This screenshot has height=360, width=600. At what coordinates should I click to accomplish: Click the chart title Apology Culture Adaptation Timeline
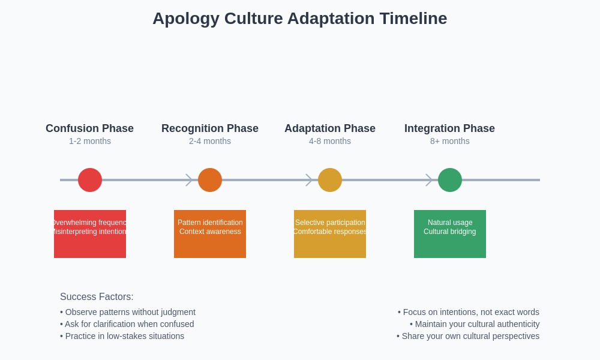click(299, 19)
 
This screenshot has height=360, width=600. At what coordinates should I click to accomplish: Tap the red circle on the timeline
click(90, 180)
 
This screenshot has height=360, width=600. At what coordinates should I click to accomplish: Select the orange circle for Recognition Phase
click(210, 180)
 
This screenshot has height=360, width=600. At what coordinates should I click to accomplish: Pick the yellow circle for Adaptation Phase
click(330, 180)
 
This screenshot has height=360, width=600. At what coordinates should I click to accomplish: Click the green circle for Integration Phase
click(450, 180)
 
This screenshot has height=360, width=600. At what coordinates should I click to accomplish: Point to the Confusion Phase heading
click(89, 128)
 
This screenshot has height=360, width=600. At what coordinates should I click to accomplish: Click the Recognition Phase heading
click(210, 128)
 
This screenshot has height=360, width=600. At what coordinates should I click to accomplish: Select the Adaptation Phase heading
click(330, 128)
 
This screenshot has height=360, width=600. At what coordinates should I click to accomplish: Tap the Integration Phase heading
click(449, 128)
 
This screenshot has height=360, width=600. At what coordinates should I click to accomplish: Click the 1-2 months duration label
click(90, 141)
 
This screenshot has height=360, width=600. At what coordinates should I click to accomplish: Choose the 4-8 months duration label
click(330, 141)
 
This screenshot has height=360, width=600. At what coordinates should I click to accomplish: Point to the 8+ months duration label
click(450, 141)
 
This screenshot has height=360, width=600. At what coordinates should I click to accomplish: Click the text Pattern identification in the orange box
click(210, 223)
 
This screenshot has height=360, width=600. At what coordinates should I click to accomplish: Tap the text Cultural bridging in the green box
click(450, 232)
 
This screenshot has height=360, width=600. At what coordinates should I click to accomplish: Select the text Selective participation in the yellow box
click(330, 223)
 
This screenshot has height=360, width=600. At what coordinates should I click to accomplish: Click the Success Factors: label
click(97, 296)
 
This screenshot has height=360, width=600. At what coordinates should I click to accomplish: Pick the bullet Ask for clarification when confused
click(127, 324)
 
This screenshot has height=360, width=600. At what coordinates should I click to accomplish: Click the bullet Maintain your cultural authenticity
click(475, 324)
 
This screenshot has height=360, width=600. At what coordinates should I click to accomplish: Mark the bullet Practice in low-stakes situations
click(122, 336)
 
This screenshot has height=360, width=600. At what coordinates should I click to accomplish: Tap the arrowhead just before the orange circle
click(189, 180)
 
